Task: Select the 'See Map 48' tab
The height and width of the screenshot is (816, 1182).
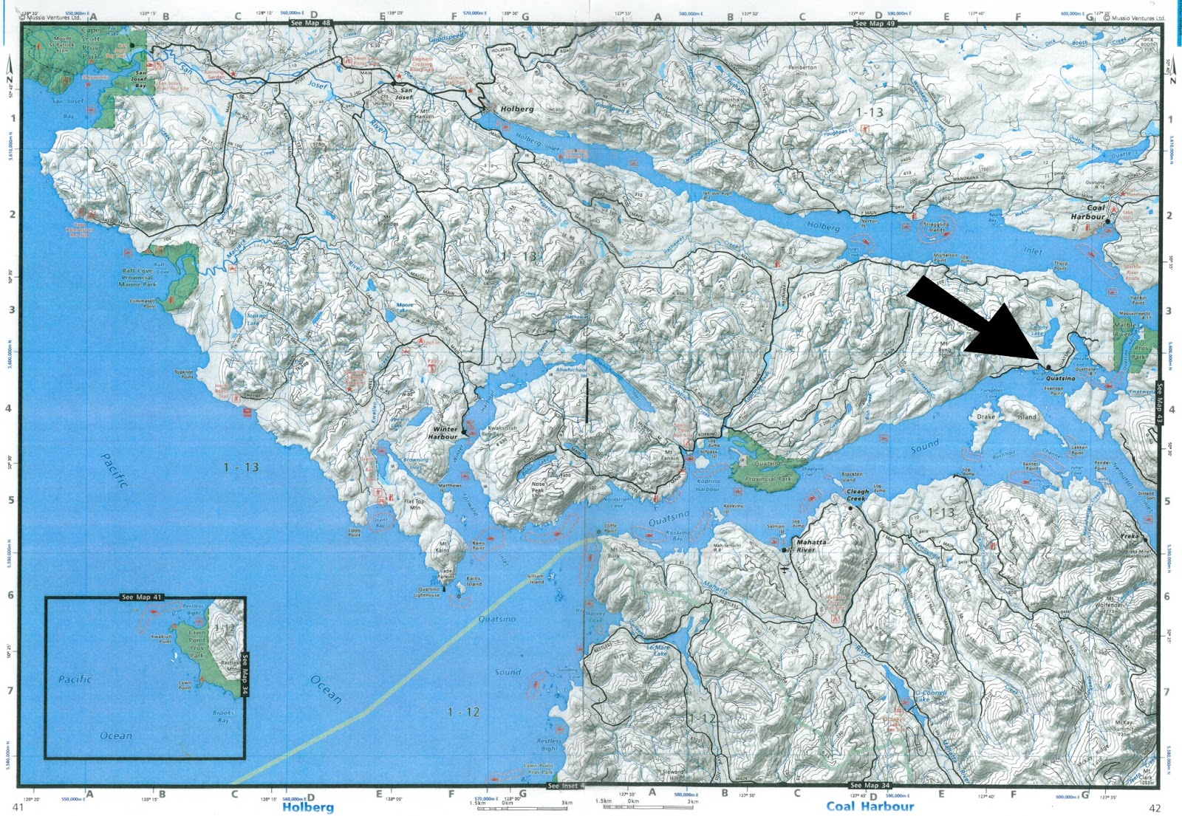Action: point(310,23)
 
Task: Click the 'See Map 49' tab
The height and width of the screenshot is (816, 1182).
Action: point(875,24)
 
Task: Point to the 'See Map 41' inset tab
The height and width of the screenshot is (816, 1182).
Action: point(142,597)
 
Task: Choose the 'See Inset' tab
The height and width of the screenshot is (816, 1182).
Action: point(563,786)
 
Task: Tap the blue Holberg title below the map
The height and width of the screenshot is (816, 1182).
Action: point(307,807)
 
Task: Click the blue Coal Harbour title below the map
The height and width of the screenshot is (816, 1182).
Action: point(870,806)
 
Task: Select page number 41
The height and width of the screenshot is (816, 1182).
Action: point(18,807)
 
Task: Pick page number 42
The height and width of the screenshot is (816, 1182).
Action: point(1155,808)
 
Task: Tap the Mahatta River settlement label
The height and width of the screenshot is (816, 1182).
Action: point(810,546)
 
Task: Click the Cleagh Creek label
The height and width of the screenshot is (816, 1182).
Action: point(858,495)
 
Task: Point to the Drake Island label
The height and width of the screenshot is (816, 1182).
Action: point(1006,416)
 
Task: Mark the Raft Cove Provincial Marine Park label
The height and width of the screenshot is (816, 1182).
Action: point(139,278)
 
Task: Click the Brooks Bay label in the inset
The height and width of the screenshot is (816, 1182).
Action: point(223,716)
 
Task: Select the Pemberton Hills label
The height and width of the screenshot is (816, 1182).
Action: point(802,70)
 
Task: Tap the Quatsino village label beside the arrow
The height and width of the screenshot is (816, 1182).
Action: point(1061,378)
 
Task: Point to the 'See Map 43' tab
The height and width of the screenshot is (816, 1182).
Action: point(1159,402)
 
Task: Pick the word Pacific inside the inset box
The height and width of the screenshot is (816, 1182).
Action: point(75,679)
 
